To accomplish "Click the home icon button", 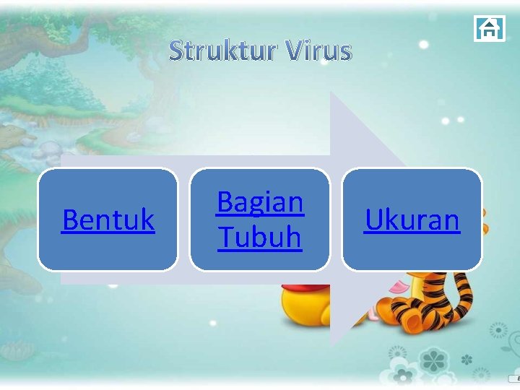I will (x=489, y=28).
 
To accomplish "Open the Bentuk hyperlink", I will (x=108, y=220).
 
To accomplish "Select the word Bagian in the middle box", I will (x=260, y=202).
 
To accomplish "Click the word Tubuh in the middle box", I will (x=260, y=237).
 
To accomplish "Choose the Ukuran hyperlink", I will (x=412, y=220).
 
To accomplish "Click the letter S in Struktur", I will (x=178, y=51).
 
